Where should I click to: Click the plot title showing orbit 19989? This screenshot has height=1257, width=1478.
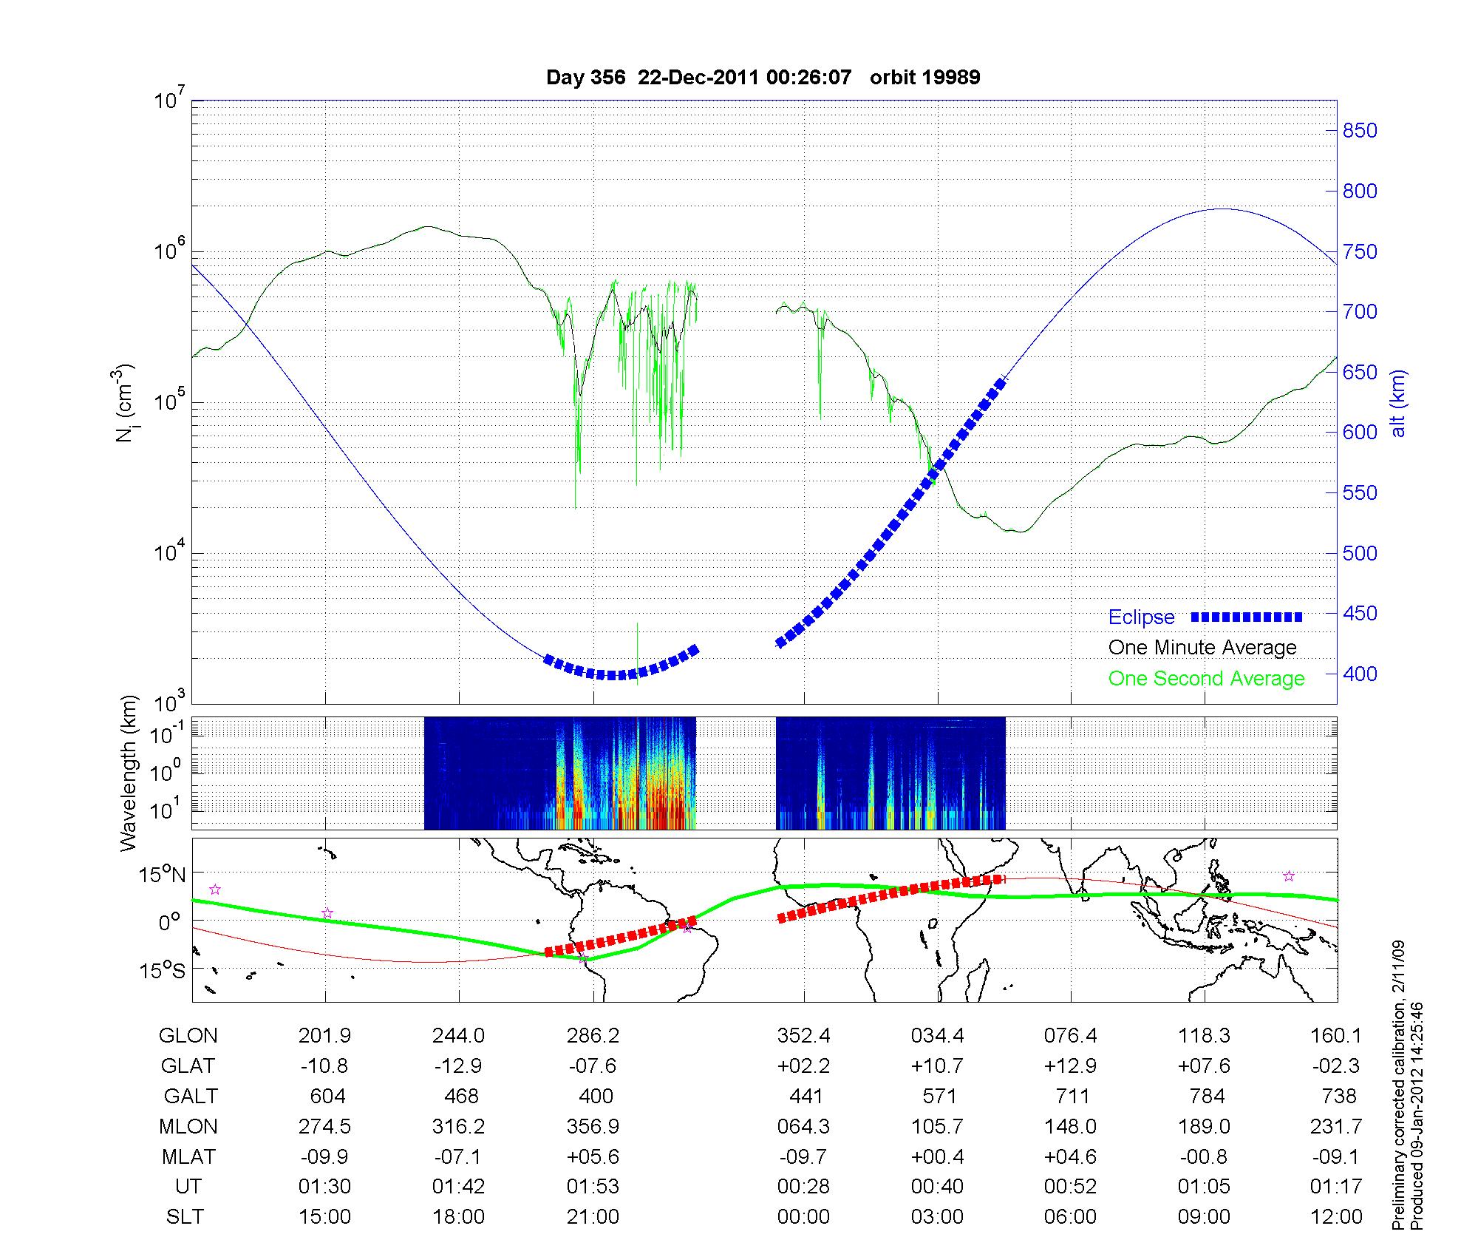(x=763, y=78)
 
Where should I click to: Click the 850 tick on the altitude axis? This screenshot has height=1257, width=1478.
(x=1360, y=131)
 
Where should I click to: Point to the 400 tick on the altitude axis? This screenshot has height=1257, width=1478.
(x=1360, y=674)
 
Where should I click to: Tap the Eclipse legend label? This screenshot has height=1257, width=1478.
(x=1141, y=617)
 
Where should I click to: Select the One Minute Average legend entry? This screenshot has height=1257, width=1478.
(x=1202, y=648)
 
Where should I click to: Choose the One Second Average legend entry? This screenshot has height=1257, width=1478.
(x=1206, y=679)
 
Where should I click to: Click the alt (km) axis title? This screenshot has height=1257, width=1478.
(x=1399, y=404)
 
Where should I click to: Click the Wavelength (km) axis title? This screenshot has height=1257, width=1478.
(x=129, y=773)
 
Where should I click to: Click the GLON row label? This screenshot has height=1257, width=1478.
(x=188, y=1036)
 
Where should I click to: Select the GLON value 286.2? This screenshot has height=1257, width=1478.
(x=593, y=1036)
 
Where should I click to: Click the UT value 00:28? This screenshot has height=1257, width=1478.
(x=803, y=1187)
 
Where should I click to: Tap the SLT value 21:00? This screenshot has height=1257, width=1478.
(x=593, y=1217)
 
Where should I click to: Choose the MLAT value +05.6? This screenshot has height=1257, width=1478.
(x=593, y=1156)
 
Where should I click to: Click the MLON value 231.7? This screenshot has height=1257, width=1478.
(x=1336, y=1126)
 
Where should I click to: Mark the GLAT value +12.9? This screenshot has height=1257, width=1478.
(x=1070, y=1066)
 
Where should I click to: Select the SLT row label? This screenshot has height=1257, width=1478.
(x=185, y=1217)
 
